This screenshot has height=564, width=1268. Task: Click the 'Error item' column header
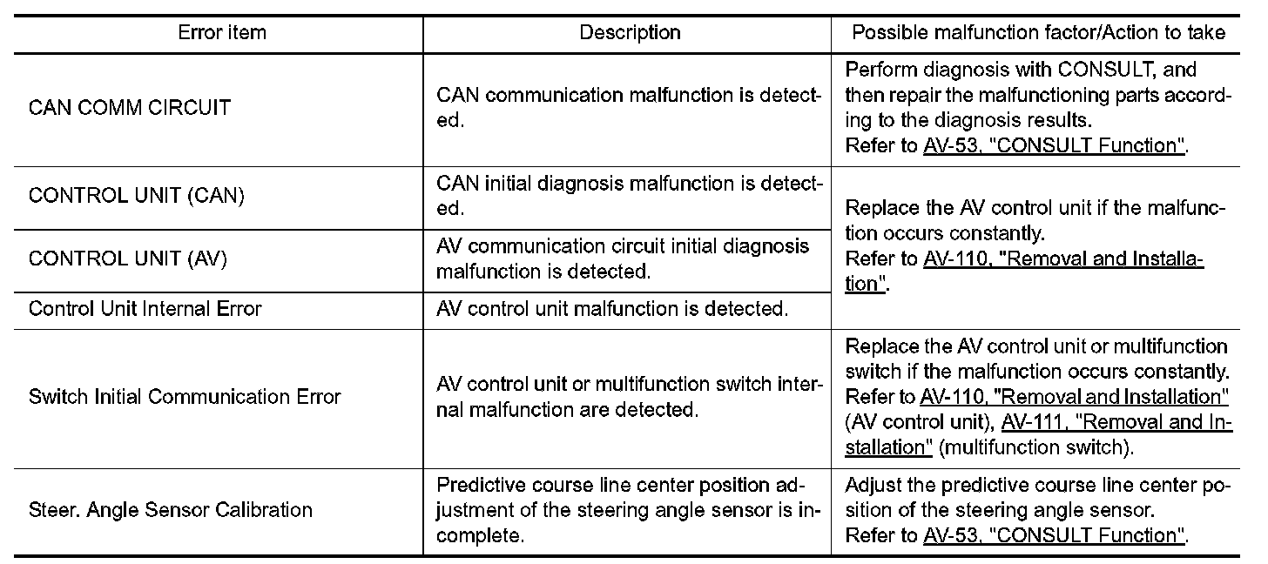(x=222, y=33)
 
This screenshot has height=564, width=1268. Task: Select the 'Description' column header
(x=630, y=33)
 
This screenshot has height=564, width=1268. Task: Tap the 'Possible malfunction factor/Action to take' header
(x=1038, y=33)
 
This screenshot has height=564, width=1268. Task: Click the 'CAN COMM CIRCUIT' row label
(x=130, y=108)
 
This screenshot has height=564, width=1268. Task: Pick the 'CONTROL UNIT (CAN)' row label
(x=136, y=196)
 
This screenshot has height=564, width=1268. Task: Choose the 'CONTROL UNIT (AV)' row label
(x=129, y=259)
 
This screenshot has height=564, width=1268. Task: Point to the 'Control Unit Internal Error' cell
(x=145, y=308)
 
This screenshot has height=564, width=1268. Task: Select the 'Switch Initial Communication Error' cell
(x=185, y=397)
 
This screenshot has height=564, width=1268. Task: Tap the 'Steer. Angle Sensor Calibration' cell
(x=171, y=509)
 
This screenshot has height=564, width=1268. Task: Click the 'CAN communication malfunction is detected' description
(x=628, y=107)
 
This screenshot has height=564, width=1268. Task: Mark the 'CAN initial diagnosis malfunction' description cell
(x=628, y=196)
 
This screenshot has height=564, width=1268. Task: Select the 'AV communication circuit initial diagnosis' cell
(x=622, y=258)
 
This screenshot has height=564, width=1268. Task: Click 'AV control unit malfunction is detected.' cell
(x=611, y=308)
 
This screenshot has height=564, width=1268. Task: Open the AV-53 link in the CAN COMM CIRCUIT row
(x=1054, y=145)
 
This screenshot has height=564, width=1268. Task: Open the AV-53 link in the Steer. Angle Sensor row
(x=1054, y=535)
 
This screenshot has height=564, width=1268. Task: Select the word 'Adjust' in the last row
(x=867, y=485)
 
